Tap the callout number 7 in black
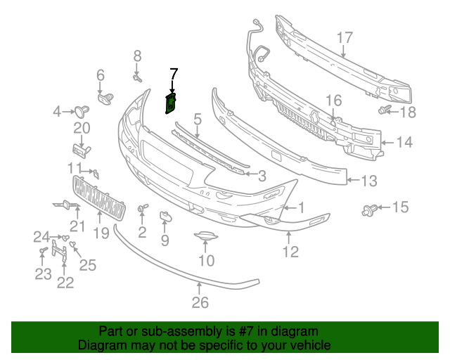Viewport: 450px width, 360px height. point(174,73)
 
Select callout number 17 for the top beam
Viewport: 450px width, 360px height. point(344,38)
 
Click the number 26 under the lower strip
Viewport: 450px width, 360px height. point(200,302)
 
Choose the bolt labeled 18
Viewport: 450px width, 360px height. point(384,110)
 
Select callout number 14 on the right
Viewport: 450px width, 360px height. point(404,143)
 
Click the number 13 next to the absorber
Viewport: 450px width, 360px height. point(370,181)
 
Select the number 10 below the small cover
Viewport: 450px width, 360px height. point(205,262)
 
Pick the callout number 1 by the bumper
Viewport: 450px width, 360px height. point(300,207)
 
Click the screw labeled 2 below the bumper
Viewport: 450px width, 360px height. point(143,209)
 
